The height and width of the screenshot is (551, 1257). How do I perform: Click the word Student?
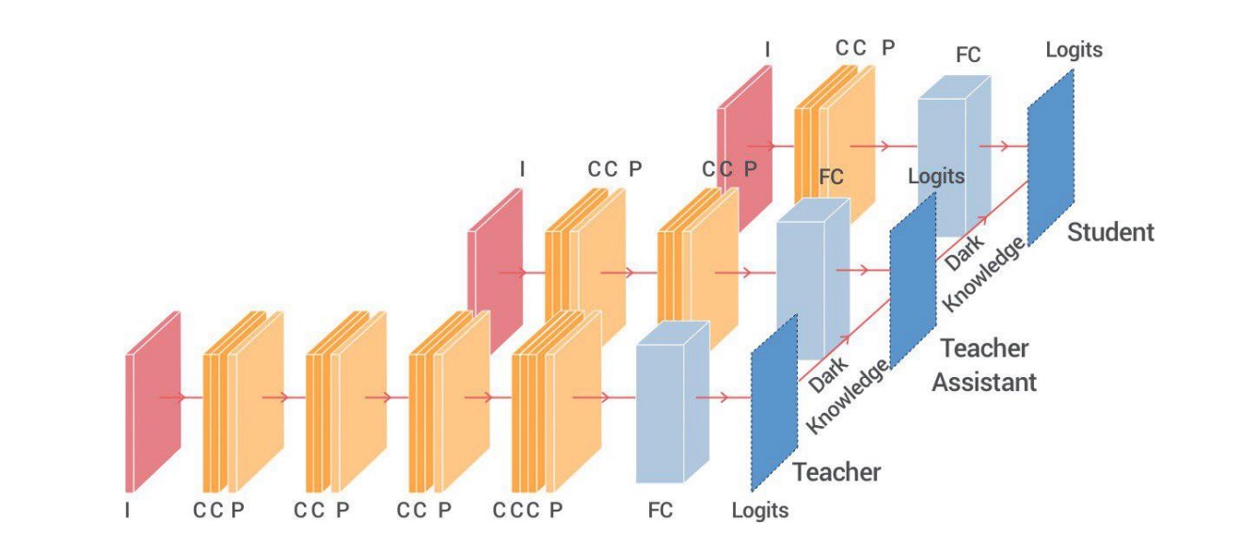(x=1110, y=231)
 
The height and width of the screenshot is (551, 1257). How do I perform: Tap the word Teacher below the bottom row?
(x=836, y=471)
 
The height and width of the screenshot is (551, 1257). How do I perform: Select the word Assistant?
(x=984, y=382)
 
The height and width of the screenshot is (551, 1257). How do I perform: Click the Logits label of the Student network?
(x=1074, y=50)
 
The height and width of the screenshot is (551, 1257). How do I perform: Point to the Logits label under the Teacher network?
(x=760, y=511)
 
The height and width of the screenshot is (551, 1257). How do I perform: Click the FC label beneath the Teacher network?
(x=660, y=511)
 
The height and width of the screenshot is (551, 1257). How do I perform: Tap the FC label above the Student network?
(x=968, y=55)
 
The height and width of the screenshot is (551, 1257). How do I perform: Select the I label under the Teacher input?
(x=128, y=511)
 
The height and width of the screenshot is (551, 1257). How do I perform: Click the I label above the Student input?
(x=767, y=50)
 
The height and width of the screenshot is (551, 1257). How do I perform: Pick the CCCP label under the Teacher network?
(x=528, y=511)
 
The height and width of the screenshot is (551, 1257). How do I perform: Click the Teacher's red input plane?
(x=152, y=400)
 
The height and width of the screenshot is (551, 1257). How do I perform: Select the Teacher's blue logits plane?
(x=774, y=402)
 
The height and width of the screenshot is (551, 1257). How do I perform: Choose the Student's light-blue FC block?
(x=954, y=150)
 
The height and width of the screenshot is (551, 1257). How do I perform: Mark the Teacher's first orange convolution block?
(x=243, y=400)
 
